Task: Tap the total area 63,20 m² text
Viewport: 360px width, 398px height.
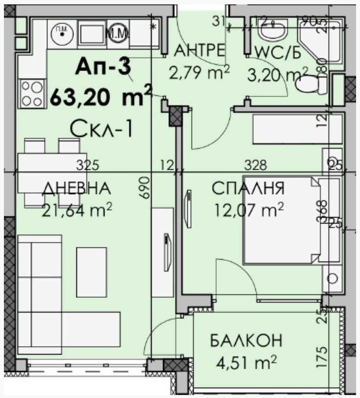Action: pos(101,96)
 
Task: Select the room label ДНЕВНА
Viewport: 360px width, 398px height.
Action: pos(75,189)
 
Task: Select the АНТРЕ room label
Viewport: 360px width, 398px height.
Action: pos(200,50)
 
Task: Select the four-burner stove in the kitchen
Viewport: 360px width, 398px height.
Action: pos(31,93)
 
